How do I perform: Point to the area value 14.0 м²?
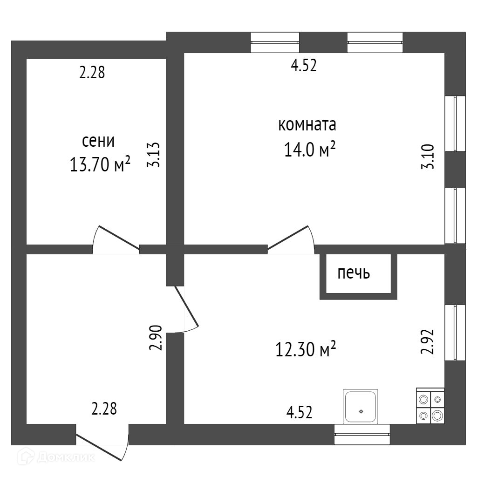pyautogui.click(x=310, y=150)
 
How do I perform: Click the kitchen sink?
pyautogui.click(x=360, y=407)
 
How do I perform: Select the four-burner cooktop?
pyautogui.click(x=430, y=406)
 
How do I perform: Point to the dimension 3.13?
pyautogui.click(x=154, y=155)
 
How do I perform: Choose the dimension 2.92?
pyautogui.click(x=427, y=342)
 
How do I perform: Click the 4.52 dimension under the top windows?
pyautogui.click(x=304, y=66)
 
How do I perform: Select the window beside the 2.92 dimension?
pyautogui.click(x=455, y=332)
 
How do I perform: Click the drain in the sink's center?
pyautogui.click(x=361, y=411)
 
